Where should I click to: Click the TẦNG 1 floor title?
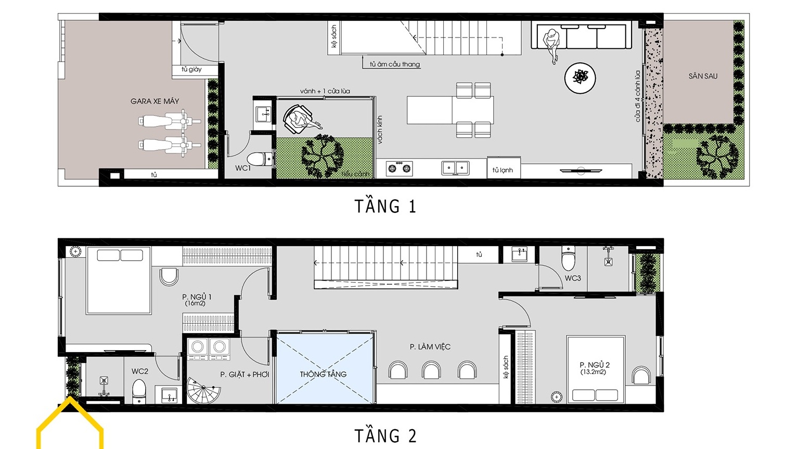click(385, 207)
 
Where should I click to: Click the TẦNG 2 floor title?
click(385, 435)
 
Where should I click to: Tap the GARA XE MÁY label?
click(155, 101)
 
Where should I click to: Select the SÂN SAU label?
click(703, 76)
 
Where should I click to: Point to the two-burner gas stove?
click(399, 168)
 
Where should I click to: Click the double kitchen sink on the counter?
click(455, 168)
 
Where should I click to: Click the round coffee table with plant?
click(580, 78)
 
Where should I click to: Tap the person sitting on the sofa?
click(551, 43)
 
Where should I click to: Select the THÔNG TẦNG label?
click(323, 374)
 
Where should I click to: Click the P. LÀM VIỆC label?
click(430, 347)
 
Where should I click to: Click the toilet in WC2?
click(139, 390)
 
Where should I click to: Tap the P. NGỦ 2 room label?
click(594, 368)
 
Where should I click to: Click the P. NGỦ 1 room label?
click(197, 300)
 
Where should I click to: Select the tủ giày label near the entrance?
click(191, 69)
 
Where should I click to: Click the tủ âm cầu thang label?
click(394, 65)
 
